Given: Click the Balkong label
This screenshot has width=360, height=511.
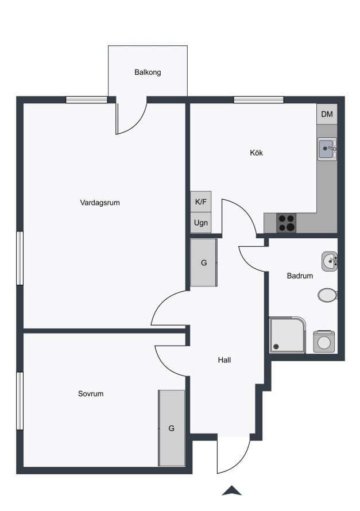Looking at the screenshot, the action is pyautogui.click(x=148, y=72).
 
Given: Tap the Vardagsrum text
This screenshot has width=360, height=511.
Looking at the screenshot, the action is pyautogui.click(x=100, y=203).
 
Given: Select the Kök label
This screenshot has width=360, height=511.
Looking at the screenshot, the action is pyautogui.click(x=257, y=153).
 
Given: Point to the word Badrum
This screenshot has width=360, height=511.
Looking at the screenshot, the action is pyautogui.click(x=300, y=276).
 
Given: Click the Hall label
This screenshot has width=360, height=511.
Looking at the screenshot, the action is pyautogui.click(x=224, y=360).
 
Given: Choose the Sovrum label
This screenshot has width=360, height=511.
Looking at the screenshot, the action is pyautogui.click(x=91, y=394).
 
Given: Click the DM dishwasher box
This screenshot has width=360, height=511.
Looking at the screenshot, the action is pyautogui.click(x=327, y=114).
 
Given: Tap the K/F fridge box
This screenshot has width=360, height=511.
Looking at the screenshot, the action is pyautogui.click(x=201, y=202).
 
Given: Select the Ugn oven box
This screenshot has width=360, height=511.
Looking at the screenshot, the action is pyautogui.click(x=201, y=223).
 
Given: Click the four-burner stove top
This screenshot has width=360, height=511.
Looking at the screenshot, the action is pyautogui.click(x=287, y=223).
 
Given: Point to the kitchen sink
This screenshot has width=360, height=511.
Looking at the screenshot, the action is pyautogui.click(x=327, y=149).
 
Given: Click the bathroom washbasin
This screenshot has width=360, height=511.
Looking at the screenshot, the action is pyautogui.click(x=330, y=261).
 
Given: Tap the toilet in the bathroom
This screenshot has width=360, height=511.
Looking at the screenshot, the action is pyautogui.click(x=328, y=295).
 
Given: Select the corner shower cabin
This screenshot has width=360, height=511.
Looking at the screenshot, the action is pyautogui.click(x=288, y=335).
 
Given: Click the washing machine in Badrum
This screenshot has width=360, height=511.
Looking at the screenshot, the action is pyautogui.click(x=324, y=342).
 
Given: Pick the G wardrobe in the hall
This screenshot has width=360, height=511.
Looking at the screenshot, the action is pyautogui.click(x=204, y=262).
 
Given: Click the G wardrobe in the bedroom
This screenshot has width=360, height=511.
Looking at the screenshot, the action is pyautogui.click(x=172, y=428).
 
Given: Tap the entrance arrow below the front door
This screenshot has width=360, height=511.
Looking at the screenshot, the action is pyautogui.click(x=231, y=490).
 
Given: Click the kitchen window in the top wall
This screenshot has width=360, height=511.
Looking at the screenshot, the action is pyautogui.click(x=259, y=100).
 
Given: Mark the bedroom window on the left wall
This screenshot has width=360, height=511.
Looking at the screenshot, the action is pyautogui.click(x=20, y=401).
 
